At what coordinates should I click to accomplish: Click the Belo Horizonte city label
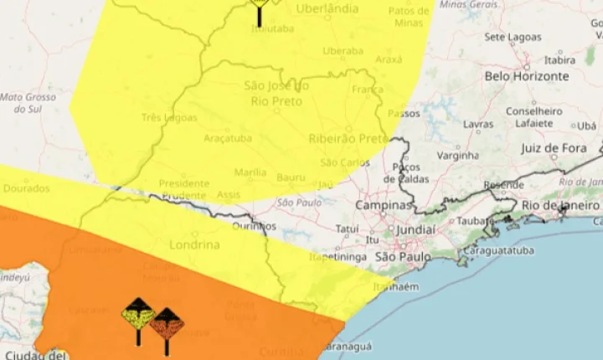point(526,76)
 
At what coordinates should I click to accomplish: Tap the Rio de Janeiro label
point(560,205)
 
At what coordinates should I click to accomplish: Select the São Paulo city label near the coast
point(403,256)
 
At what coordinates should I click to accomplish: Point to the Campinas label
point(384,205)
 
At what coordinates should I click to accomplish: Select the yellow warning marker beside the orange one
point(138,317)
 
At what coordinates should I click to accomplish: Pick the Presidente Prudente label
point(183,189)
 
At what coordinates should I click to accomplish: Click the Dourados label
point(26,189)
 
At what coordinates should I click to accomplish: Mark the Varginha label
point(457,156)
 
